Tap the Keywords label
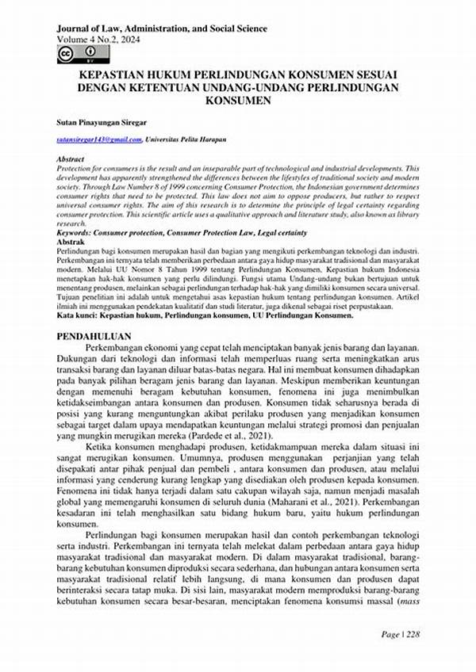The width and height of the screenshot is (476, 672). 74,234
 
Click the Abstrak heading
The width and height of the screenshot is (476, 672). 69,242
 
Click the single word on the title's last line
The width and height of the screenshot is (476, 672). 238,101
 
